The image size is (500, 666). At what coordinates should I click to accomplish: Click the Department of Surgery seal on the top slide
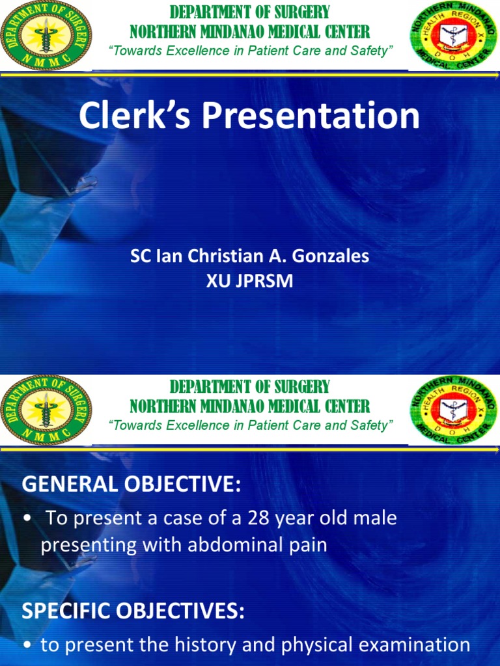click(46, 35)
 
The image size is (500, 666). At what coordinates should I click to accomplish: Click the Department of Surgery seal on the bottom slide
click(46, 410)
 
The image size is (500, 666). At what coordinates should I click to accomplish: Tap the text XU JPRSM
click(250, 280)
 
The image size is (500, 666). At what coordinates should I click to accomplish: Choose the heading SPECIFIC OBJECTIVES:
click(133, 611)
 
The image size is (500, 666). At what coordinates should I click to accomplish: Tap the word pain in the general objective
click(306, 544)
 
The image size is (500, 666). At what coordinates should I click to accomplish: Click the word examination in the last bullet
click(413, 645)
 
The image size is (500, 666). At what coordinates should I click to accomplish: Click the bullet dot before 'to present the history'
click(27, 646)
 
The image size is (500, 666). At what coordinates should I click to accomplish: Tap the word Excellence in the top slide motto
click(189, 51)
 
